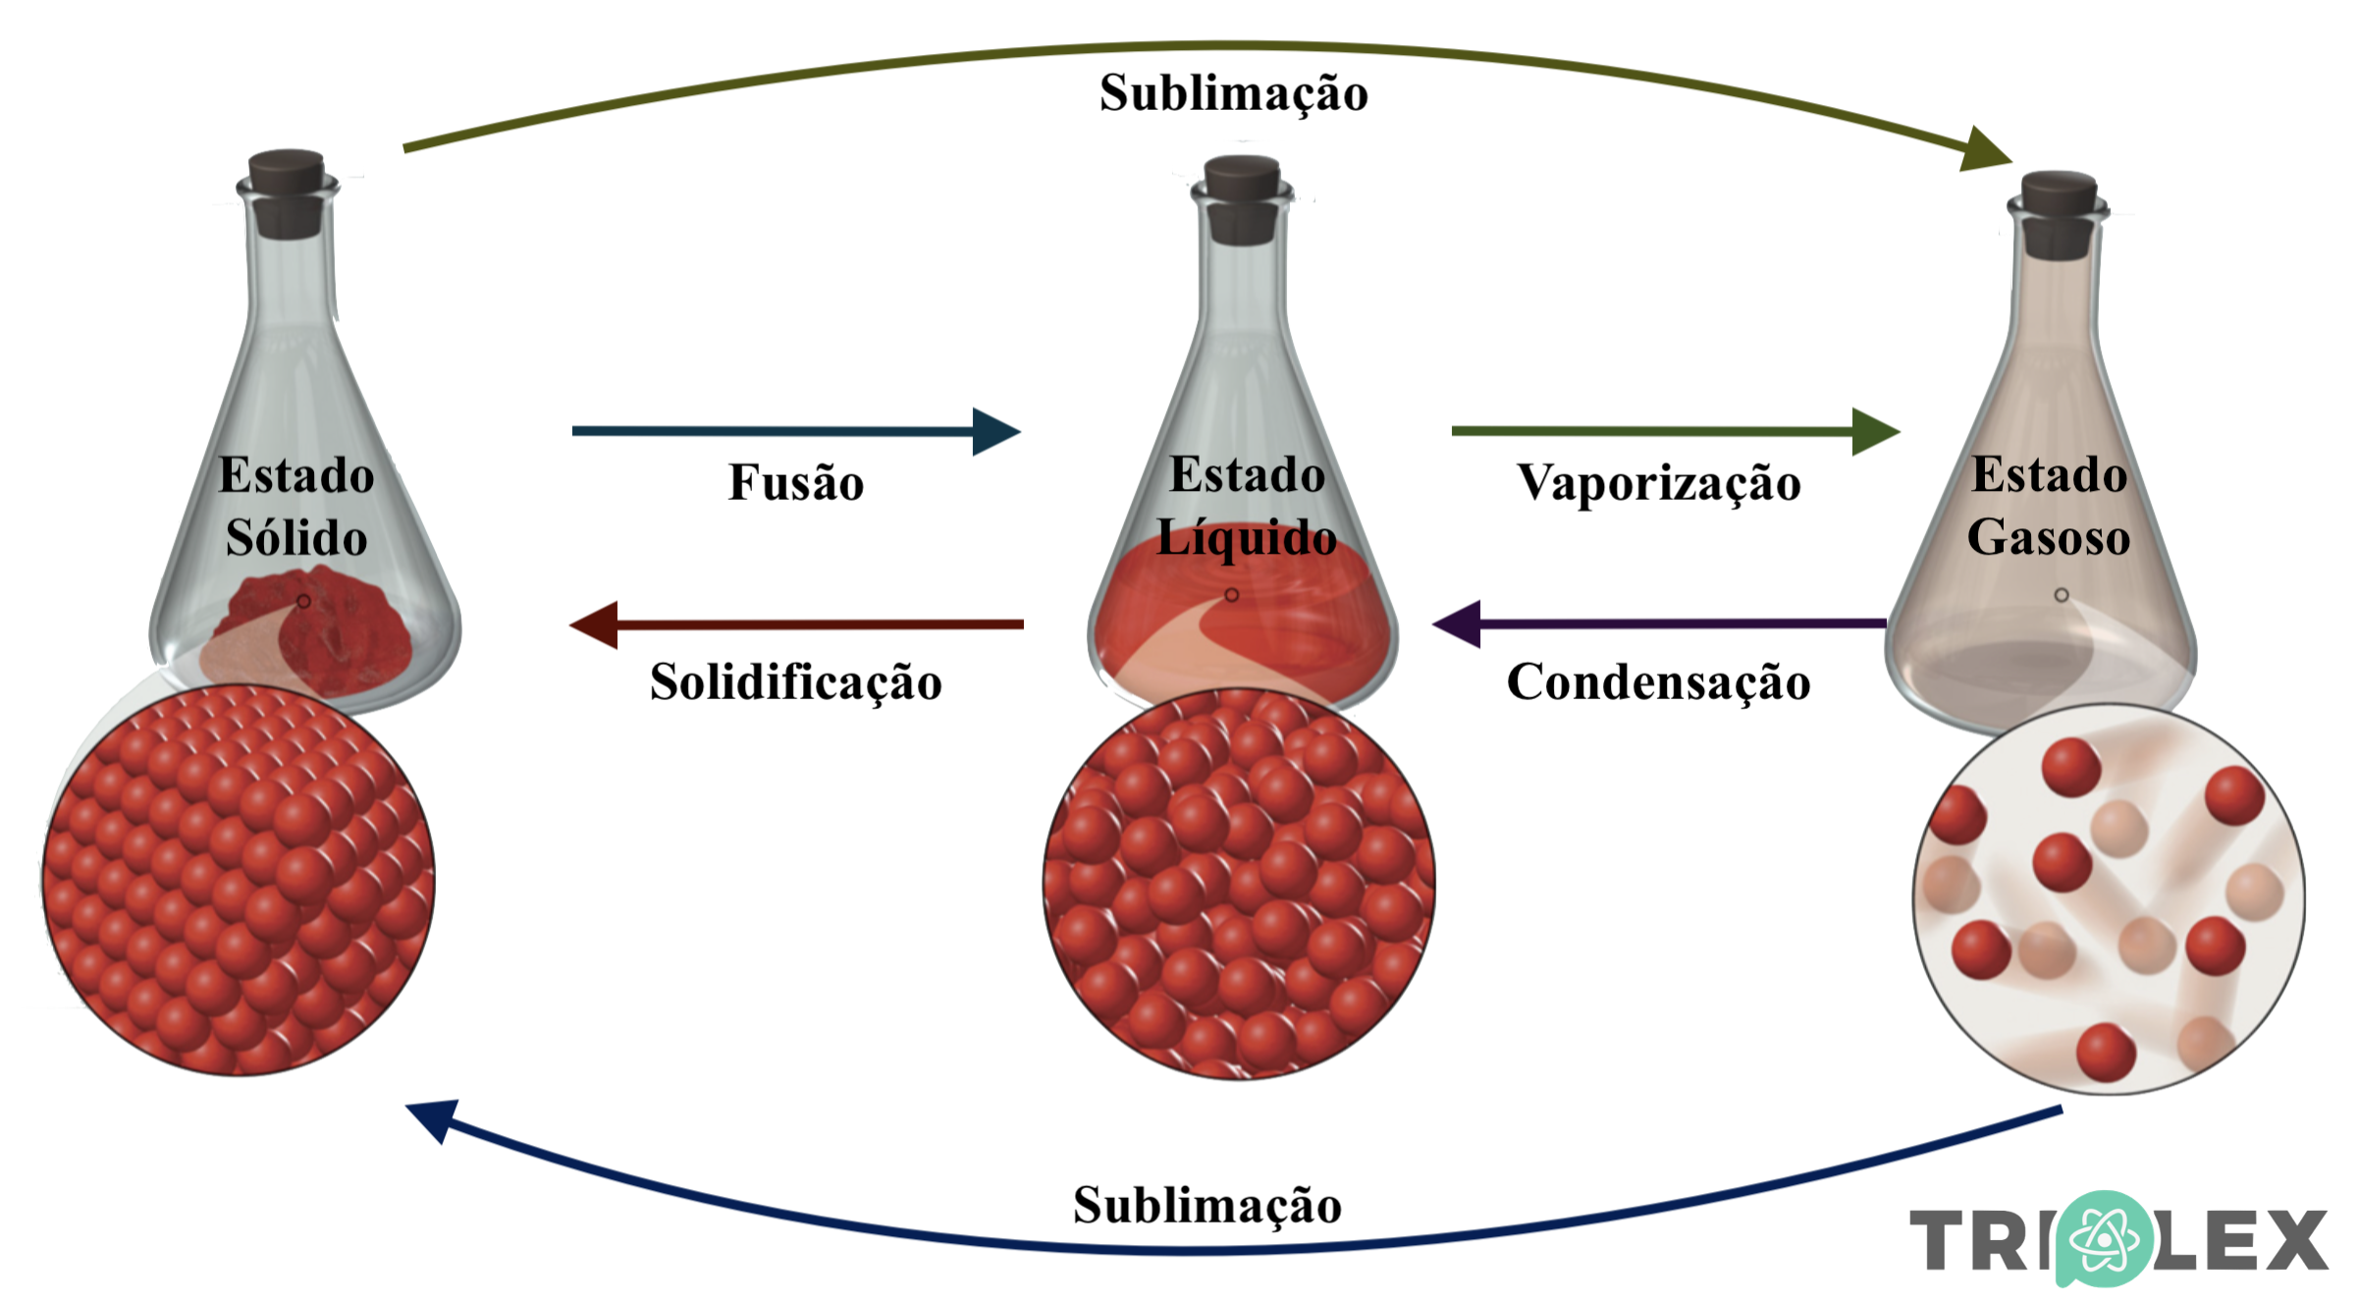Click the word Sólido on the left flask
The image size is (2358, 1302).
296,538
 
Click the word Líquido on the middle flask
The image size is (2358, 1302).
1246,538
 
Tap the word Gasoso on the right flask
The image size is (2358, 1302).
2049,537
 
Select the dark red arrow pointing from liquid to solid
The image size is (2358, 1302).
795,624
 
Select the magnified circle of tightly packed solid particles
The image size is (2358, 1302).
239,881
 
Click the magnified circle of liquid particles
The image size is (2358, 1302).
1239,884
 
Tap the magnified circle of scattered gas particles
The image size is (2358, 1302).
2109,898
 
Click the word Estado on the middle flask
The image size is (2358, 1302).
1247,475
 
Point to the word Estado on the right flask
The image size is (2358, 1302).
2049,475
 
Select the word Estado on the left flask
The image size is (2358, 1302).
296,475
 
